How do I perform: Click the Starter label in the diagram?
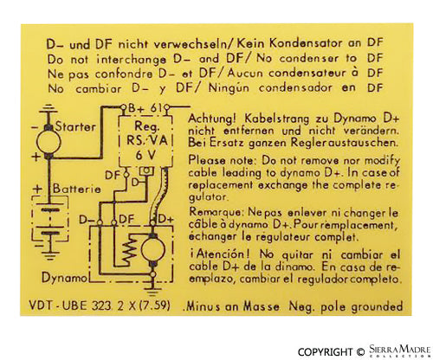click(x=75, y=126)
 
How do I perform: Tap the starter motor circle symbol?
click(x=48, y=142)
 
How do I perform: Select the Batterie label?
click(x=77, y=189)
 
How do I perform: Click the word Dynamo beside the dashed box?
click(x=64, y=278)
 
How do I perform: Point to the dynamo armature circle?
click(x=153, y=249)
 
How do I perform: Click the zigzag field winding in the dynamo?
click(x=130, y=249)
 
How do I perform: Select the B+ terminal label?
click(x=136, y=108)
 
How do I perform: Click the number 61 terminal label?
click(x=156, y=108)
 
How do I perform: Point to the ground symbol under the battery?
click(x=49, y=253)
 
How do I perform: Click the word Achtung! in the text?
click(x=212, y=119)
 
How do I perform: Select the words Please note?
click(x=222, y=161)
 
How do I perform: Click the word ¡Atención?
click(x=220, y=254)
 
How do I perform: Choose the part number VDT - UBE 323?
click(x=70, y=305)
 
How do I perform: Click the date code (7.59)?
click(x=155, y=305)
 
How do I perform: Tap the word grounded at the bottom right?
click(x=377, y=306)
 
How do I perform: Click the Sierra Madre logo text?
click(x=400, y=350)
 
